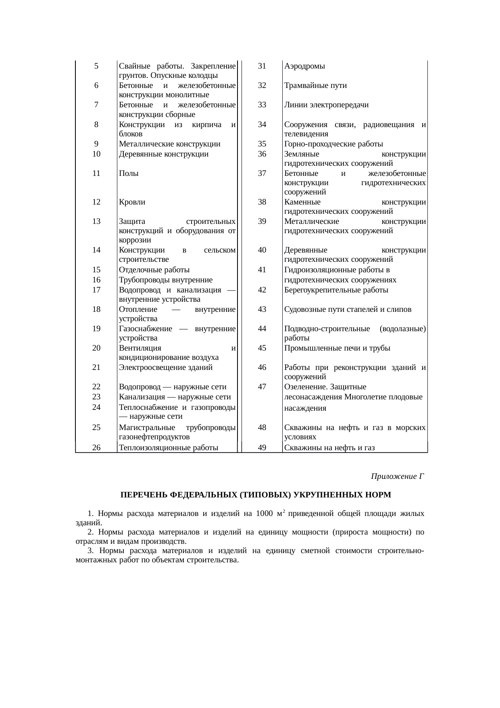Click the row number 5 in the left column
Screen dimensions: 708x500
96,66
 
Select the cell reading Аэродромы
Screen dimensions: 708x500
304,66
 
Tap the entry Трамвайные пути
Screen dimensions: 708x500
315,86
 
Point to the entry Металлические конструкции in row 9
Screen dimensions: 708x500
170,144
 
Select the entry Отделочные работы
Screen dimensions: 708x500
154,270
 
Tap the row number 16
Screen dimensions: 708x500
96,280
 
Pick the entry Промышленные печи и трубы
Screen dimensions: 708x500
337,348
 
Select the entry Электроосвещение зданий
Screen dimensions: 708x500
166,368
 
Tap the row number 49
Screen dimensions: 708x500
262,447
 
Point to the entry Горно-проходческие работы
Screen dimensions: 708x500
333,144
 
